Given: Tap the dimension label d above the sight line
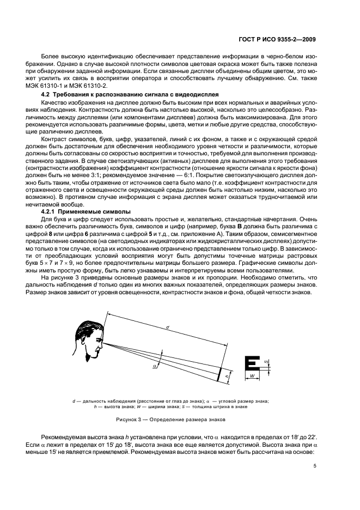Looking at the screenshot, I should (167, 327).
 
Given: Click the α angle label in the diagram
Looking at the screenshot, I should (155, 367).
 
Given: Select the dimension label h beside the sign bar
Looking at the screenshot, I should (226, 376).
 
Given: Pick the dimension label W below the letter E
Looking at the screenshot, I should (252, 376).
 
